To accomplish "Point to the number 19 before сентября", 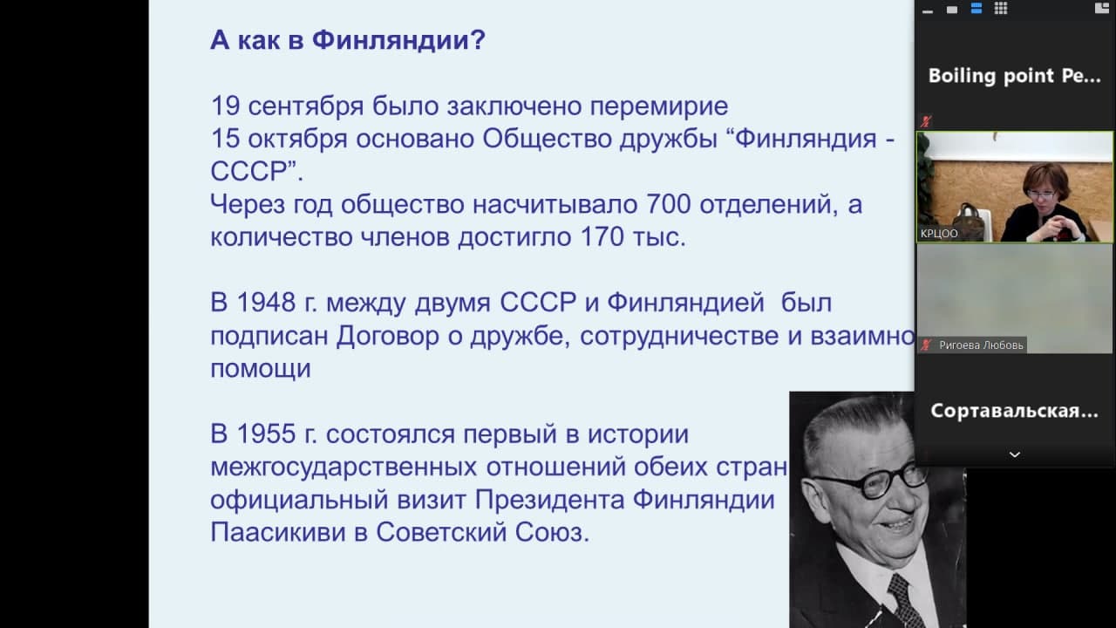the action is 225,106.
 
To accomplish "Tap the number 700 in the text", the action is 668,204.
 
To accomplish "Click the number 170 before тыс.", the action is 602,236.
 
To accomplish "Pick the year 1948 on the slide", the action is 266,302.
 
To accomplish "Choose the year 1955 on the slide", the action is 266,433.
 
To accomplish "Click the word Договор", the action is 388,337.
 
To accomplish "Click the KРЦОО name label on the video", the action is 939,234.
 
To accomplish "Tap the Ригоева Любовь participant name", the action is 981,345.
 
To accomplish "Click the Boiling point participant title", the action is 1014,76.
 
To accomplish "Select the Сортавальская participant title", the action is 1014,411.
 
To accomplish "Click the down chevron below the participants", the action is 1015,454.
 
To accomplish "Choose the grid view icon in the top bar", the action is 1001,9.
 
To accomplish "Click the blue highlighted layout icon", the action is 976,9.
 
